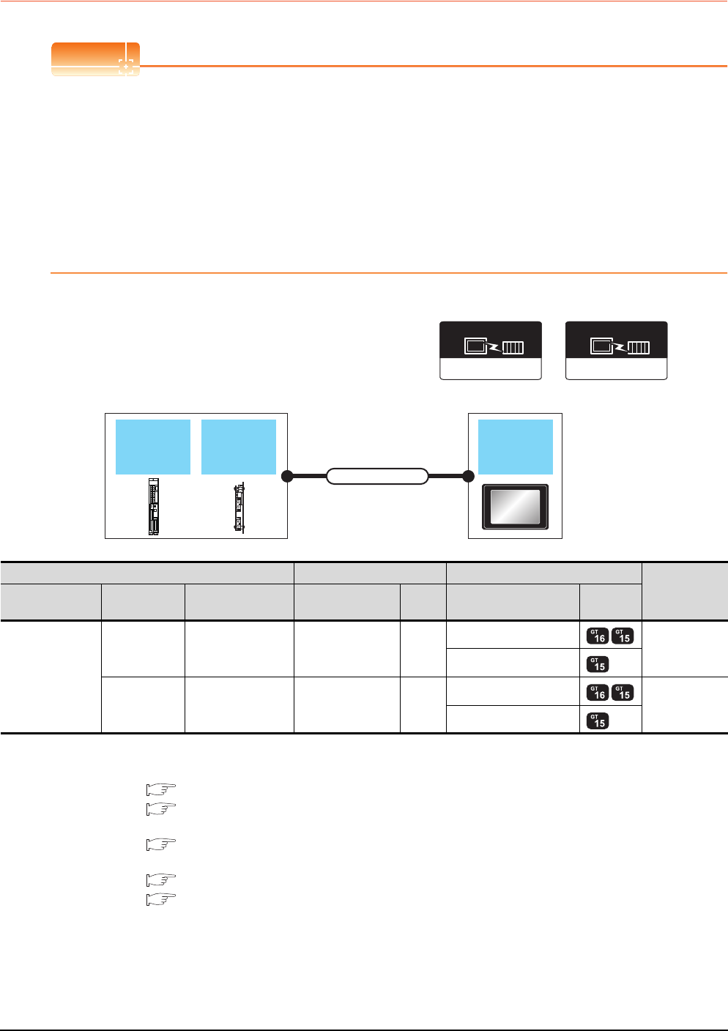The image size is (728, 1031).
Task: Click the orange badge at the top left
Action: tap(95, 59)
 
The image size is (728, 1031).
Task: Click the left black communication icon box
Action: tap(490, 350)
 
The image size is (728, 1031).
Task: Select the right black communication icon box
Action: tap(616, 350)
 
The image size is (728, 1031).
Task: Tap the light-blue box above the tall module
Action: tap(153, 447)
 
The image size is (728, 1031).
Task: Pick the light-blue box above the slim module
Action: tap(239, 447)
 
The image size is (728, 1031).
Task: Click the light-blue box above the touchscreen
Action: tap(516, 447)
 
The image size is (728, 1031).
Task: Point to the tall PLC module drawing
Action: tap(153, 507)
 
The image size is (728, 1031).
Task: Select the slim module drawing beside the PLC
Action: tap(239, 507)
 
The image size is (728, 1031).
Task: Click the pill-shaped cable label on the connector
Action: tap(376, 477)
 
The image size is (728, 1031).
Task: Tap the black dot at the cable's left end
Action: tap(287, 477)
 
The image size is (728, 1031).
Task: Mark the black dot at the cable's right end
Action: tap(468, 477)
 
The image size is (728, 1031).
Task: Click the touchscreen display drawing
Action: tap(516, 507)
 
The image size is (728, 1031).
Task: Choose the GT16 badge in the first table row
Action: tap(598, 636)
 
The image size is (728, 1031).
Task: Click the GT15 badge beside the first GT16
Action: tap(623, 636)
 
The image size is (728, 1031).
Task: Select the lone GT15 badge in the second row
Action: tap(598, 663)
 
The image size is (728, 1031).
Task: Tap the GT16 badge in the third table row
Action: tap(598, 691)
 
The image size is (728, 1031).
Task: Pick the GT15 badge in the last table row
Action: tap(598, 720)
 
